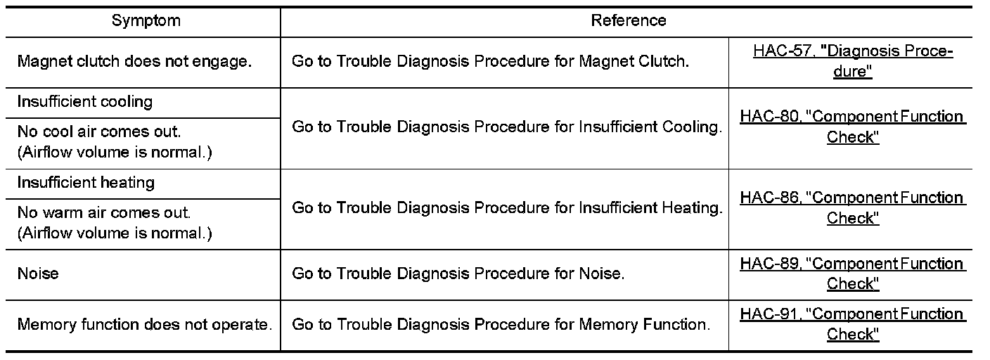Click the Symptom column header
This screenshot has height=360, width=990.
pyautogui.click(x=146, y=21)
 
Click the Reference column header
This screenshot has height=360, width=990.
pyautogui.click(x=628, y=21)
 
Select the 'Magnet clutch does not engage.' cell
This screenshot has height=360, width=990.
pyautogui.click(x=134, y=61)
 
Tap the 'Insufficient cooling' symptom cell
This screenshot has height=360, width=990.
pyautogui.click(x=85, y=102)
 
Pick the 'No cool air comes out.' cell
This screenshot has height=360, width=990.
pyautogui.click(x=114, y=142)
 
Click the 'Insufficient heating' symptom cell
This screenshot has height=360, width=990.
pyautogui.click(x=86, y=183)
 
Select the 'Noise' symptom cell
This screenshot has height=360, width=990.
pyautogui.click(x=38, y=274)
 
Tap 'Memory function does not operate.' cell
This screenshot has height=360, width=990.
pyautogui.click(x=144, y=325)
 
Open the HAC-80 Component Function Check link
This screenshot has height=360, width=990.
pyautogui.click(x=852, y=127)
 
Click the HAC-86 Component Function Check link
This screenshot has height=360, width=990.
pyautogui.click(x=852, y=208)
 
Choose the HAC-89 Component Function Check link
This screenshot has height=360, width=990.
pyautogui.click(x=852, y=274)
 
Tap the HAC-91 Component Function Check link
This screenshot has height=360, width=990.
pyautogui.click(x=852, y=324)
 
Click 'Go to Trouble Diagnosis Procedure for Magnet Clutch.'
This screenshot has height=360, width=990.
pyautogui.click(x=490, y=61)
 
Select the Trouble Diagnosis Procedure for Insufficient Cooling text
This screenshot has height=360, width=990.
pyautogui.click(x=506, y=127)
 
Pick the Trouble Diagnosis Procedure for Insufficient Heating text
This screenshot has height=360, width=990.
pyautogui.click(x=506, y=209)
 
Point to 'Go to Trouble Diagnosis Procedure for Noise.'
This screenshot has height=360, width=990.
pyautogui.click(x=458, y=274)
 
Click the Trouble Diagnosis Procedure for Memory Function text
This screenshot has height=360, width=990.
pyautogui.click(x=501, y=325)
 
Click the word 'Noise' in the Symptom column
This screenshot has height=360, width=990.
pyautogui.click(x=38, y=274)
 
